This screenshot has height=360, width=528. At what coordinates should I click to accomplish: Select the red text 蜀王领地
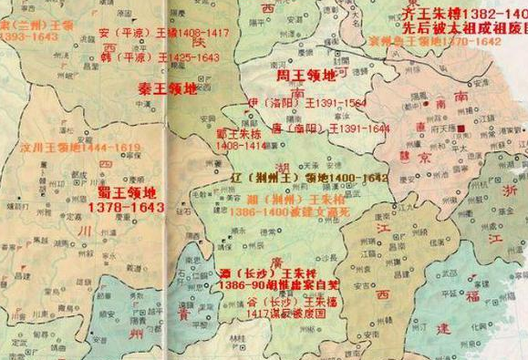pos(127,193)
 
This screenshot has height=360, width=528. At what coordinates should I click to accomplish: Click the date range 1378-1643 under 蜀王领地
pos(127,208)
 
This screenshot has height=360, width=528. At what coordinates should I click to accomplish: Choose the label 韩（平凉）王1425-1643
pos(160,57)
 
